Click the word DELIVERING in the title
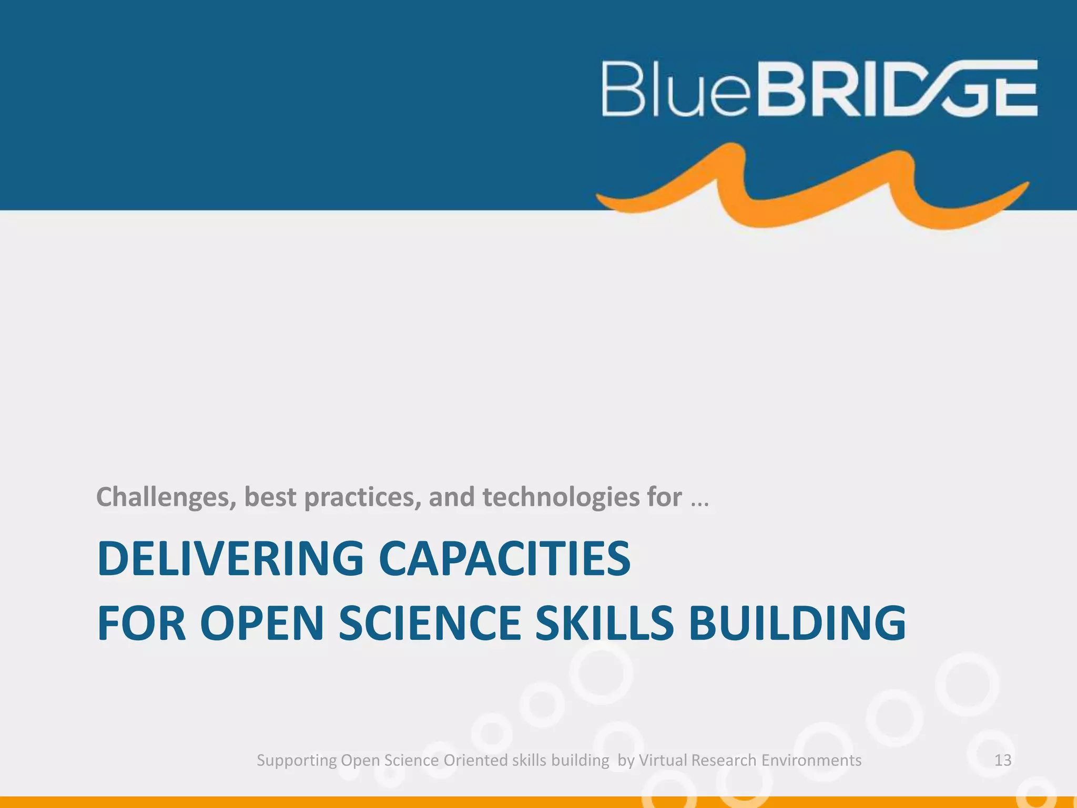[x=230, y=559]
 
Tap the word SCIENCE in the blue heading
[x=430, y=624]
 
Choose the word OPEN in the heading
[x=261, y=624]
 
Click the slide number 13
[x=1003, y=760]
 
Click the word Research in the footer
[x=724, y=760]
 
